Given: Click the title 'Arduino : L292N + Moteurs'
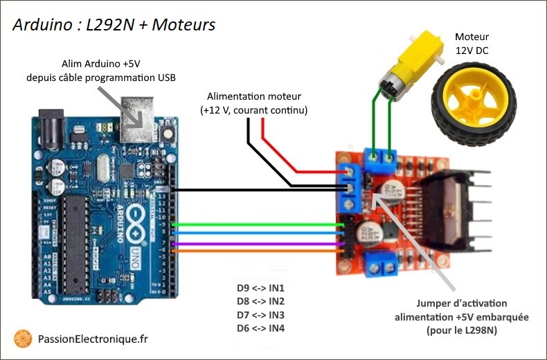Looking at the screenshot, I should [114, 25].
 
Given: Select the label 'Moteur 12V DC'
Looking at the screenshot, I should [472, 43].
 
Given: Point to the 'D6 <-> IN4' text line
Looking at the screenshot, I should [261, 327].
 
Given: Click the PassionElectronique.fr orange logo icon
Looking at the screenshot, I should [23, 339].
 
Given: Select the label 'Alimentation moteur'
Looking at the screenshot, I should [254, 97].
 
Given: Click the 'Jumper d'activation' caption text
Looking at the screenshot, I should [462, 303].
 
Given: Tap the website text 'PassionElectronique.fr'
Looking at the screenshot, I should [93, 339].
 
